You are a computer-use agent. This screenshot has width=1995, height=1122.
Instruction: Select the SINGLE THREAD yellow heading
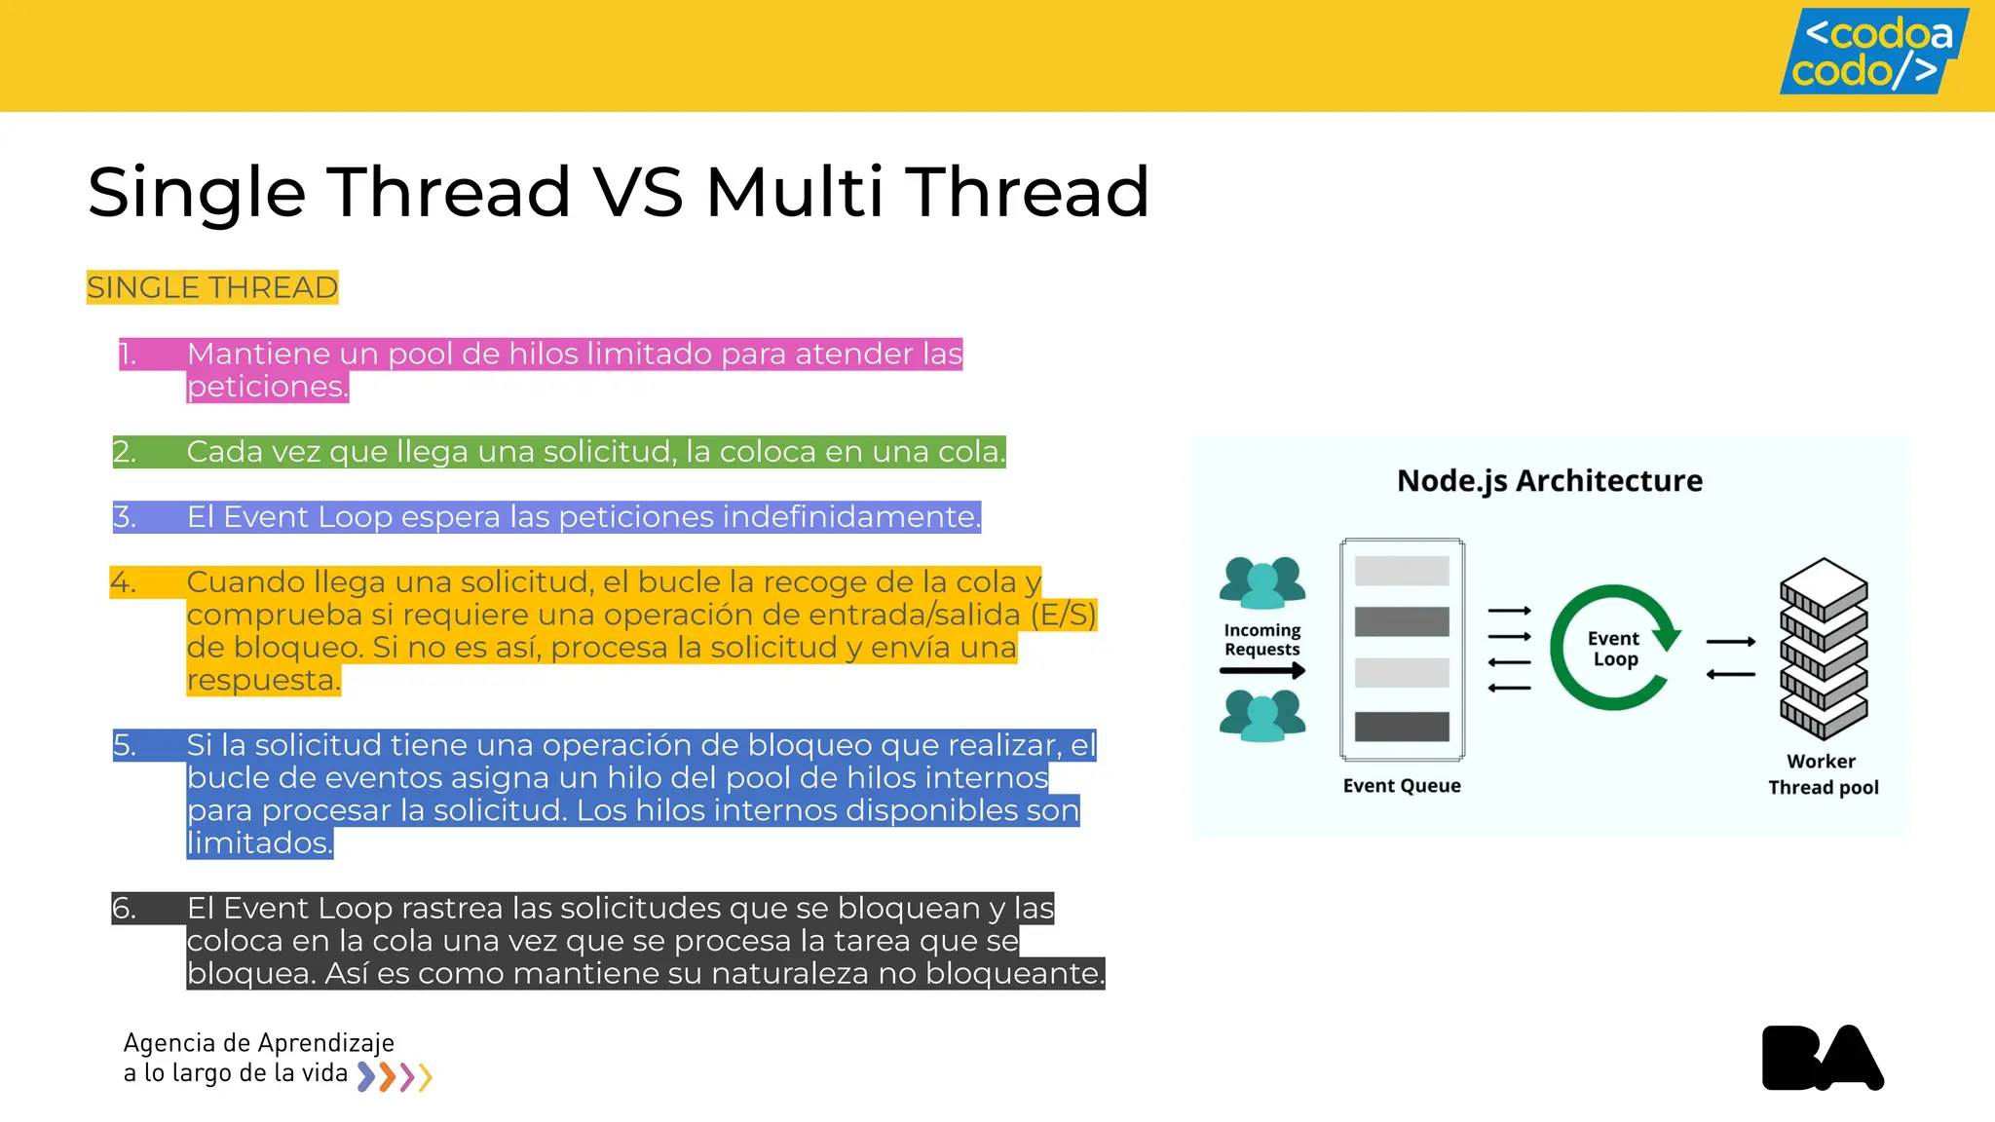pyautogui.click(x=212, y=287)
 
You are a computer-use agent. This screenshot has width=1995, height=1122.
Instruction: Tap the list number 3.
pyautogui.click(x=124, y=516)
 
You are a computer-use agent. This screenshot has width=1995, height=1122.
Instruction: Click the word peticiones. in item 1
pyautogui.click(x=267, y=387)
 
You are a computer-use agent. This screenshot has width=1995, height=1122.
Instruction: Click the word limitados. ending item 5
pyautogui.click(x=259, y=842)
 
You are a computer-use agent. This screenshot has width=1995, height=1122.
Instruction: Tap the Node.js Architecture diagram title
pyautogui.click(x=1549, y=480)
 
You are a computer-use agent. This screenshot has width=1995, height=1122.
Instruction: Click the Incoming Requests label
pyautogui.click(x=1261, y=640)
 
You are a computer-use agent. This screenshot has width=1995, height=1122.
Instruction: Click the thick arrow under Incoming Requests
pyautogui.click(x=1261, y=670)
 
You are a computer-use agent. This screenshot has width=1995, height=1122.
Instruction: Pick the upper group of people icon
pyautogui.click(x=1261, y=582)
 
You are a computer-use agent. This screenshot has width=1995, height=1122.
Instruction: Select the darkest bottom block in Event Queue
pyautogui.click(x=1402, y=727)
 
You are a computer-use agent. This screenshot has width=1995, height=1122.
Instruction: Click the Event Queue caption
pyautogui.click(x=1401, y=786)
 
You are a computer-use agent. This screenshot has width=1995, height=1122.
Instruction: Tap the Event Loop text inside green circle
pyautogui.click(x=1613, y=649)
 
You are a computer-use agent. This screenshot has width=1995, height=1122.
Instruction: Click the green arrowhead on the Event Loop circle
pyautogui.click(x=1668, y=638)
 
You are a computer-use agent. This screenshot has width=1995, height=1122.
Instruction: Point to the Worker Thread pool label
pyautogui.click(x=1823, y=774)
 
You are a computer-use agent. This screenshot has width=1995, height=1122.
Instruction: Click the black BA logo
pyautogui.click(x=1822, y=1058)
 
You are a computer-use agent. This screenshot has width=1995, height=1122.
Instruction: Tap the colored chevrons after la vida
pyautogui.click(x=395, y=1076)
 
